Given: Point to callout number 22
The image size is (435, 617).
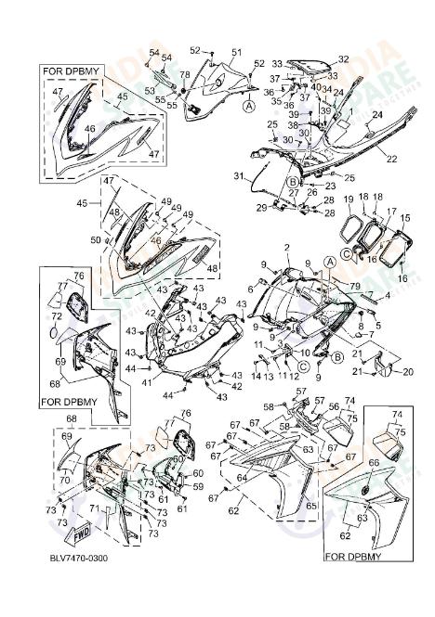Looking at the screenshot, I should [x=391, y=159].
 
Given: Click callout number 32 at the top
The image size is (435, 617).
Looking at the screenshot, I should [x=343, y=59].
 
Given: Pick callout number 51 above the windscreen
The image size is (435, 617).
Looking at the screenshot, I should [x=236, y=52].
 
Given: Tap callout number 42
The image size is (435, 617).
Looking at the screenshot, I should [x=150, y=313].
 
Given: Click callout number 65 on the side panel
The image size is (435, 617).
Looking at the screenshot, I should [x=310, y=505].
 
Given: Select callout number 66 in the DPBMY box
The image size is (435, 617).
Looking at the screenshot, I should [x=375, y=462].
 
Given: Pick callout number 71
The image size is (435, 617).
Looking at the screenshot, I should [x=95, y=509].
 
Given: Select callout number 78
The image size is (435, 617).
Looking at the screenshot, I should [x=184, y=75].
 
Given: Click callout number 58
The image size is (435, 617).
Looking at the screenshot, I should [x=269, y=406].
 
